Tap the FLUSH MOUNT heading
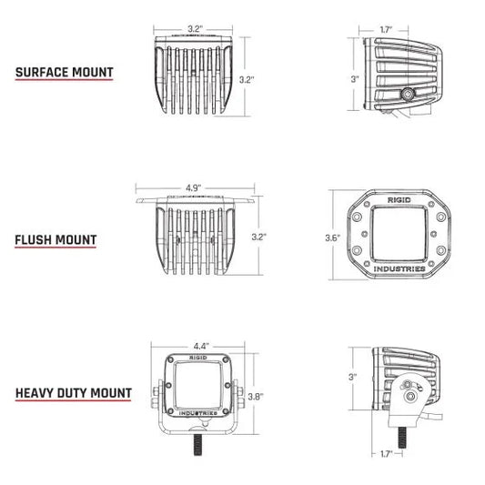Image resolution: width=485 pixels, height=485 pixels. tap(56, 240)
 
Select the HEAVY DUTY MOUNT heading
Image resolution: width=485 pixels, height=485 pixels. tap(73, 395)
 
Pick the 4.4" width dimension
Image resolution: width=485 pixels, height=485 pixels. tap(201, 346)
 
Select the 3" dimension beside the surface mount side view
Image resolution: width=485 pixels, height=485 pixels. tap(355, 79)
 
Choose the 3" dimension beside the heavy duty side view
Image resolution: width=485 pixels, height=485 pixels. tap(353, 377)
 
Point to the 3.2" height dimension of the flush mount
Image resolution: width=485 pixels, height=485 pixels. tap(260, 236)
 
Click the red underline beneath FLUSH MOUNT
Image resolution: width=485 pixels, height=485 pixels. tap(56, 251)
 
